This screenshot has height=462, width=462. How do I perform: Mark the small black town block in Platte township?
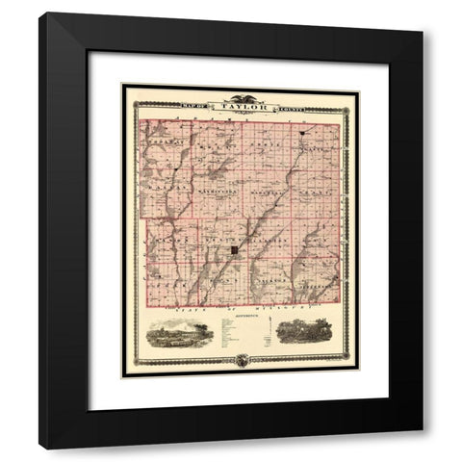click(299, 131)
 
